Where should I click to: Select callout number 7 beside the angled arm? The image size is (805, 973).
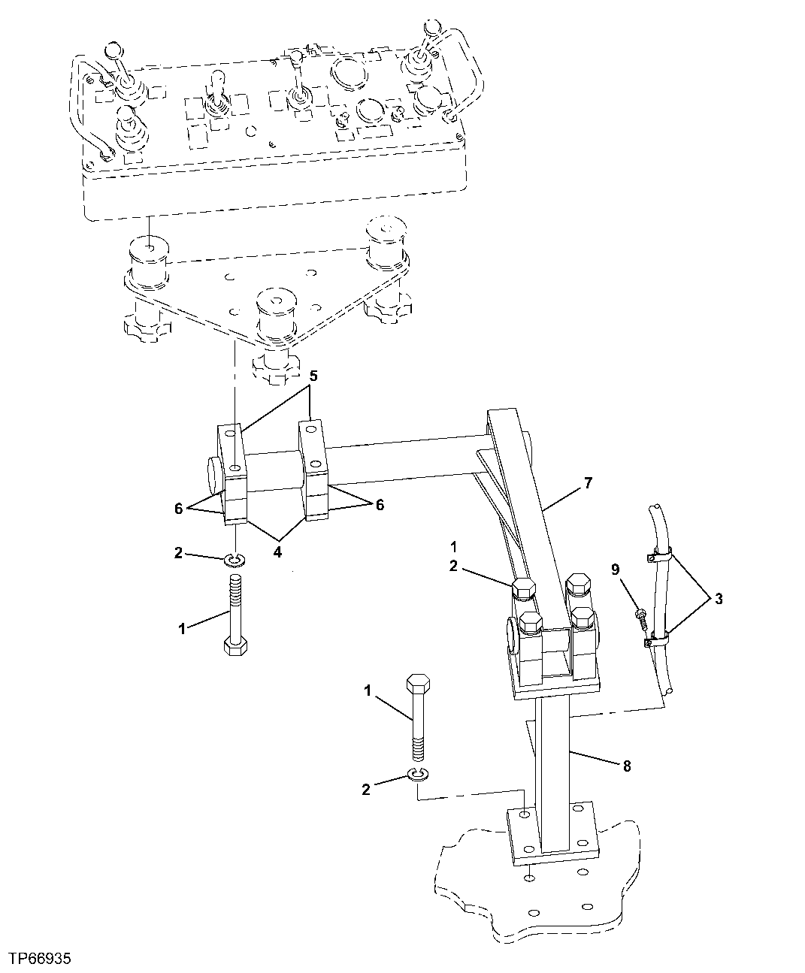click(x=588, y=483)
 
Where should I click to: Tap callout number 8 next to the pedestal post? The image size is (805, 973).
click(x=626, y=766)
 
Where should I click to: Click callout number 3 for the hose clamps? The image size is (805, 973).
click(x=719, y=599)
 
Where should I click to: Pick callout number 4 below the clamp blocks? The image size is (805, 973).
click(x=277, y=551)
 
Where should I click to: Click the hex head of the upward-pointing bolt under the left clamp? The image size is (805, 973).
click(x=236, y=646)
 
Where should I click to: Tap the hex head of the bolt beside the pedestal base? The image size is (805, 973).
click(x=417, y=684)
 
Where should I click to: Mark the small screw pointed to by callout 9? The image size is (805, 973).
click(x=640, y=615)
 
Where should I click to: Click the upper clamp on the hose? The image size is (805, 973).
click(x=659, y=557)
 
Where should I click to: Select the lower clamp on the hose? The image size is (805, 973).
click(x=657, y=640)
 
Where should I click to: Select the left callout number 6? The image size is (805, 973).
click(x=178, y=509)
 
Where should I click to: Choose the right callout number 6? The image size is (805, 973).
click(x=380, y=505)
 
